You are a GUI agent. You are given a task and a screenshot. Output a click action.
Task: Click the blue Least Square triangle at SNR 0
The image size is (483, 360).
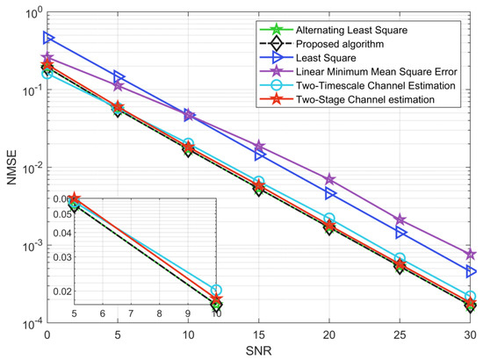point(48,39)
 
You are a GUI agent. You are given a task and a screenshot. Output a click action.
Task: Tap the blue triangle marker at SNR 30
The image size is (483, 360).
point(471,272)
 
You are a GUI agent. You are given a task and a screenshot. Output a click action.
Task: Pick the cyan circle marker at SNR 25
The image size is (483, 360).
point(400,259)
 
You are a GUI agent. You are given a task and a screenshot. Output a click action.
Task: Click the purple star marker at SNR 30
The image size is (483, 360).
point(471,254)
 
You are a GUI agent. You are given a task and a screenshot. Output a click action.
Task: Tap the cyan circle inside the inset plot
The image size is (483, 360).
point(216,290)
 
